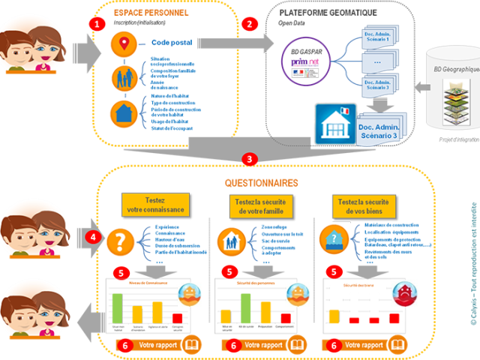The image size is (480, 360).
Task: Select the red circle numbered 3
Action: pyautogui.click(x=250, y=159)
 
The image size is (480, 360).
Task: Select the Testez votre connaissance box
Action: pyautogui.click(x=154, y=204)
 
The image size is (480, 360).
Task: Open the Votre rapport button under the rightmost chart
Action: pyautogui.click(x=378, y=346)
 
